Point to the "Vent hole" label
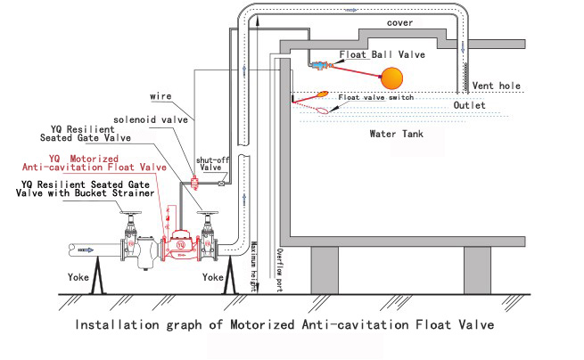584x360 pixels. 496,86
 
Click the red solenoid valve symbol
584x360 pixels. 194,183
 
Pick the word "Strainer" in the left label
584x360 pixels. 132,192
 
